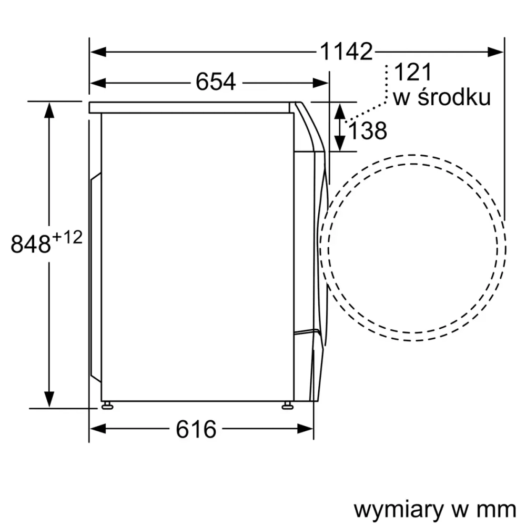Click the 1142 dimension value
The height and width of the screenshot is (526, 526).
click(346, 52)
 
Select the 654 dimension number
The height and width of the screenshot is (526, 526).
click(216, 82)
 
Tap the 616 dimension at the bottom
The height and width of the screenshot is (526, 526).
click(196, 429)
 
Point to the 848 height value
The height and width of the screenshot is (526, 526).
click(31, 245)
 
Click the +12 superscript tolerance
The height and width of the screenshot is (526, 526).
click(67, 238)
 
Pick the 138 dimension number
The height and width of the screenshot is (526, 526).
click(368, 131)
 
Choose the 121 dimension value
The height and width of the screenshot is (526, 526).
click(412, 73)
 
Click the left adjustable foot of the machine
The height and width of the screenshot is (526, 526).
click(107, 404)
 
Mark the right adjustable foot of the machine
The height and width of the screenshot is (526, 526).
click(287, 404)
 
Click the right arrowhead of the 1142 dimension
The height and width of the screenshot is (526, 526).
click(495, 52)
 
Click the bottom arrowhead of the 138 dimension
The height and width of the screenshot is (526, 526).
click(340, 143)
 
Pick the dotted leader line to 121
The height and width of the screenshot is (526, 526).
click(373, 107)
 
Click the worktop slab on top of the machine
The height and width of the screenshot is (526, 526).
click(189, 107)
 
